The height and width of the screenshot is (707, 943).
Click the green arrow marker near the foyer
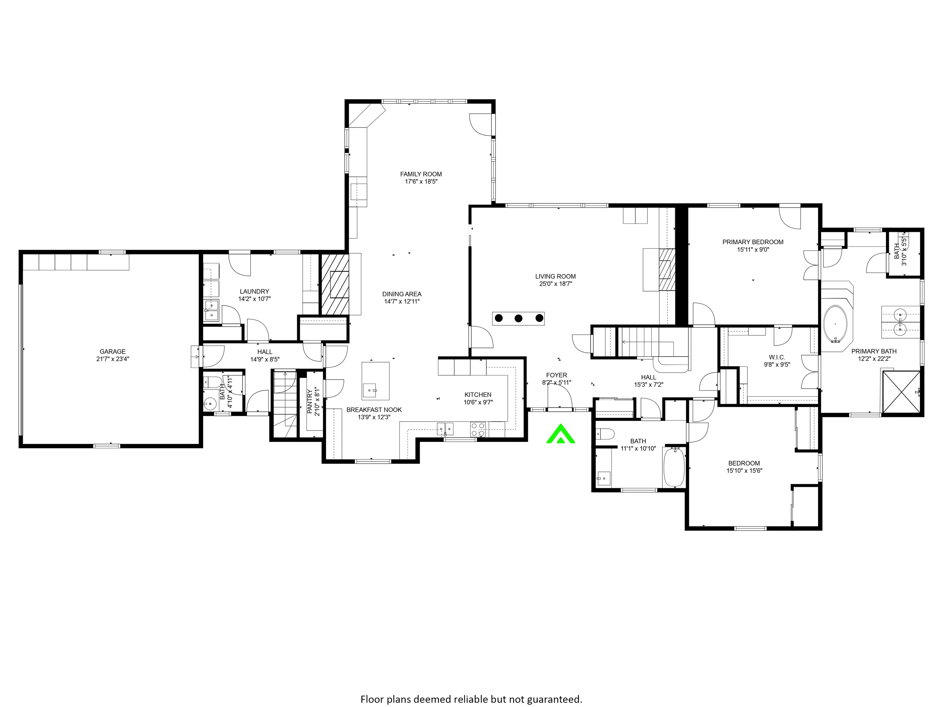pyautogui.click(x=561, y=434)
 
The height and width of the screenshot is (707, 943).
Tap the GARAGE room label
pyautogui.click(x=113, y=352)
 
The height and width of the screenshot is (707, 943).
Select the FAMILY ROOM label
pyautogui.click(x=421, y=174)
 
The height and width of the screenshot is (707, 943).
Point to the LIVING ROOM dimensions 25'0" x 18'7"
pyautogui.click(x=556, y=284)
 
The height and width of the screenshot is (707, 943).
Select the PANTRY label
pyautogui.click(x=310, y=401)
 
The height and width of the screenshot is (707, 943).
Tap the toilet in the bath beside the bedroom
pyautogui.click(x=604, y=434)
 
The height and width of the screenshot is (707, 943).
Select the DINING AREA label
pyautogui.click(x=402, y=294)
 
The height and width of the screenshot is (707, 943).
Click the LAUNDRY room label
pyautogui.click(x=254, y=292)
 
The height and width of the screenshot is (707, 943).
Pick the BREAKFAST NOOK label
pyautogui.click(x=374, y=410)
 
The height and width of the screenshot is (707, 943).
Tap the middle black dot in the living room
pyautogui.click(x=518, y=318)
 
